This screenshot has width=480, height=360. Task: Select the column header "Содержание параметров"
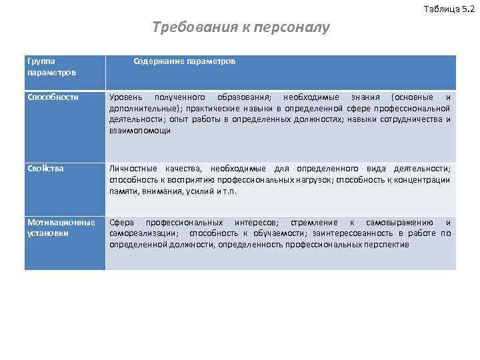184,61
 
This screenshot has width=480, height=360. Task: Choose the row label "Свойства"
45,169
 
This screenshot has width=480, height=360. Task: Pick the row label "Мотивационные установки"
61,227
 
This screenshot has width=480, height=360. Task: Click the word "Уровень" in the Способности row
126,97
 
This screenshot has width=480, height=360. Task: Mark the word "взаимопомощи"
140,131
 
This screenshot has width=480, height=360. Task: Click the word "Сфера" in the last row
122,222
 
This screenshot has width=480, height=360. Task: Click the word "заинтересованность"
352,233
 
